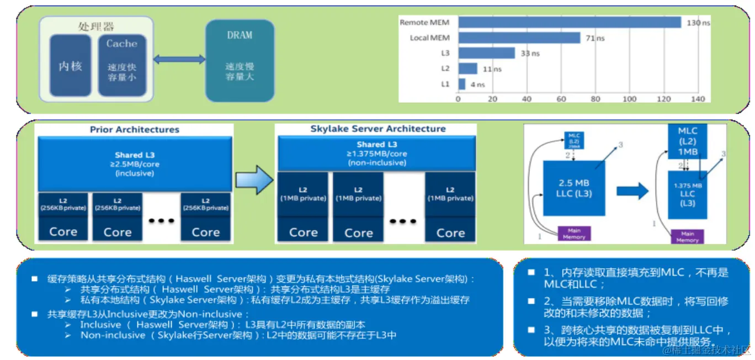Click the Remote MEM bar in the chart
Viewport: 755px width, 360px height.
[x=568, y=23]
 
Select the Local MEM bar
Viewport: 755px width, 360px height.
[x=519, y=38]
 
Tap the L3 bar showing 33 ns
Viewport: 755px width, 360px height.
[x=486, y=53]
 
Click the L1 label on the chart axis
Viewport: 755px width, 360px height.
[x=445, y=84]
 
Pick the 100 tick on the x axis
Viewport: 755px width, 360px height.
[x=629, y=99]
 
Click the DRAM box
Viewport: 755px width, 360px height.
[x=240, y=61]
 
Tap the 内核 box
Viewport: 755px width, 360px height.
[x=70, y=66]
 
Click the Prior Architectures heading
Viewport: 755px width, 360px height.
[x=135, y=130]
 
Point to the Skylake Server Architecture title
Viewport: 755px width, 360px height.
[x=377, y=129]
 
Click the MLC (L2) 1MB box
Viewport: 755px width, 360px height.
[x=687, y=140]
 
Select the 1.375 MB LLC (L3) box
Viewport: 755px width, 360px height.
[x=687, y=194]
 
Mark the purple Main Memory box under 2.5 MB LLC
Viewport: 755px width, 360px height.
[x=574, y=234]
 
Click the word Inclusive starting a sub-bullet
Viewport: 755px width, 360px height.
[x=100, y=325]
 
